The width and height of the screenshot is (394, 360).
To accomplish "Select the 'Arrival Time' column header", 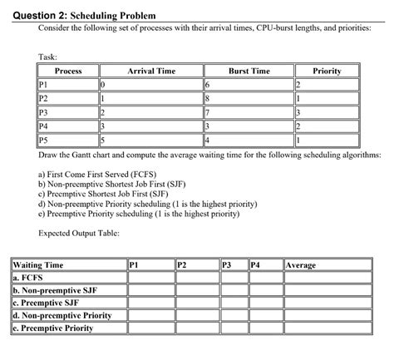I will [x=150, y=72].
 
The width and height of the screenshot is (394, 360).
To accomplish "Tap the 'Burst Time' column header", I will [x=249, y=72].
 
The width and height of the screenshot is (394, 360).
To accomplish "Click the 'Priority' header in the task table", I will [x=326, y=72].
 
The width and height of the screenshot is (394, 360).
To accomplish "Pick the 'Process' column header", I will [x=67, y=72].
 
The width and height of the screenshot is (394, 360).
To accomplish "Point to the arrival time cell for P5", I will [x=150, y=138].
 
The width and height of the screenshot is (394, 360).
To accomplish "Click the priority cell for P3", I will [x=326, y=111].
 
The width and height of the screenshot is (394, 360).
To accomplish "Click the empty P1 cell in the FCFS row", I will [x=150, y=279].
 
